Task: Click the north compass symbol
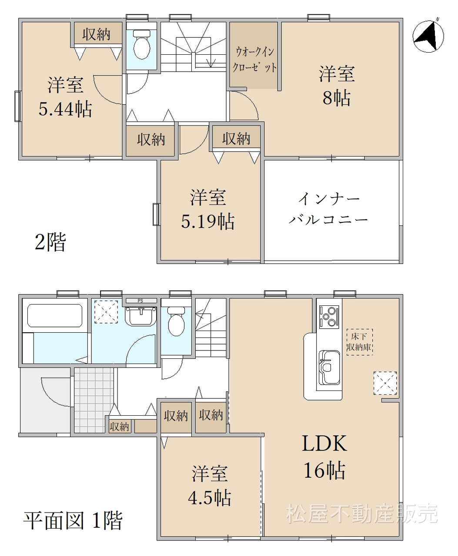pos(428,36)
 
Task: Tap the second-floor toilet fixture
pos(142,45)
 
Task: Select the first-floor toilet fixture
pos(176,321)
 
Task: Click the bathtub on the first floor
pos(55,315)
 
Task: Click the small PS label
pos(140,301)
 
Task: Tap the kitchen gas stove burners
pos(329,317)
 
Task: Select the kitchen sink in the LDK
pos(329,367)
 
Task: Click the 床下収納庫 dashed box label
pos(359,342)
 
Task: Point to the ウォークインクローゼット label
pos(254,60)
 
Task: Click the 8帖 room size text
pos(337,98)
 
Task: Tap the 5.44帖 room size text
pos(66,109)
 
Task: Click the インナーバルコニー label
pos(328,208)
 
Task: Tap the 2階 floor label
pos(50,242)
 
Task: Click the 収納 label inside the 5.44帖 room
pos(96,34)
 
